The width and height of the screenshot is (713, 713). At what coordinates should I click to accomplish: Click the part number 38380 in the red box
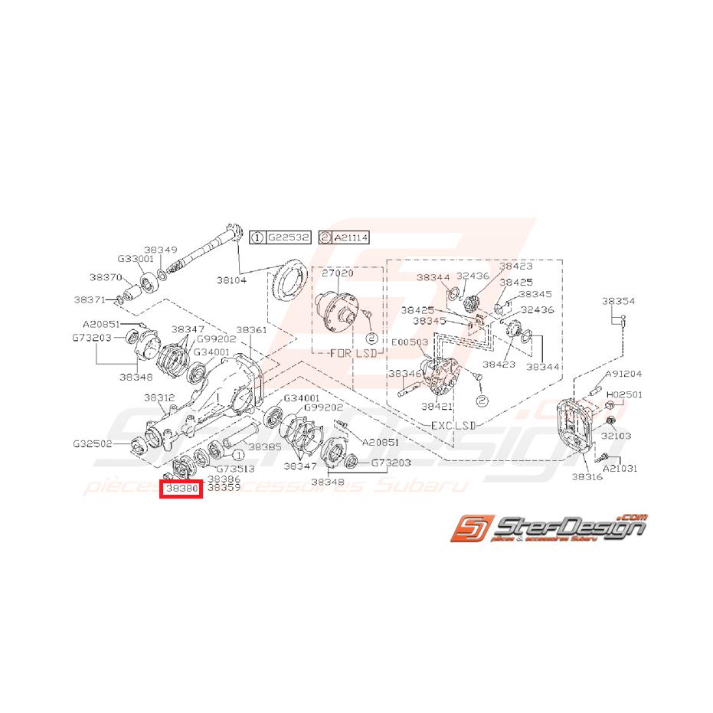tap(181, 487)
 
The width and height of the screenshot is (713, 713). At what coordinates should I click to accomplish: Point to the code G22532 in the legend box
tap(288, 238)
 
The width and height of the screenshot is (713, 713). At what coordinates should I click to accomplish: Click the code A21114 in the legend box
tap(351, 238)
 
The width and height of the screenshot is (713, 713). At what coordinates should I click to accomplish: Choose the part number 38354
tap(618, 302)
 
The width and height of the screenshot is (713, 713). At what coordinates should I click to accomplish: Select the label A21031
tap(620, 467)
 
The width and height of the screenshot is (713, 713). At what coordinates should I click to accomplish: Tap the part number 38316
tap(587, 476)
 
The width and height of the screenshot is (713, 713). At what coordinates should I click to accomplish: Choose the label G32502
tap(92, 443)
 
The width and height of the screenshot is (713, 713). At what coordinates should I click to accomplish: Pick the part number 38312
tap(160, 397)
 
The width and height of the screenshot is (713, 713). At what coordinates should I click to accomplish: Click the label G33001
tap(136, 260)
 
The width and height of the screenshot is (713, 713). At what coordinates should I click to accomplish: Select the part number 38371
tap(90, 299)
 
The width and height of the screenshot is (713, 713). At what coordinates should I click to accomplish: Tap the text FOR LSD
tap(350, 355)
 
